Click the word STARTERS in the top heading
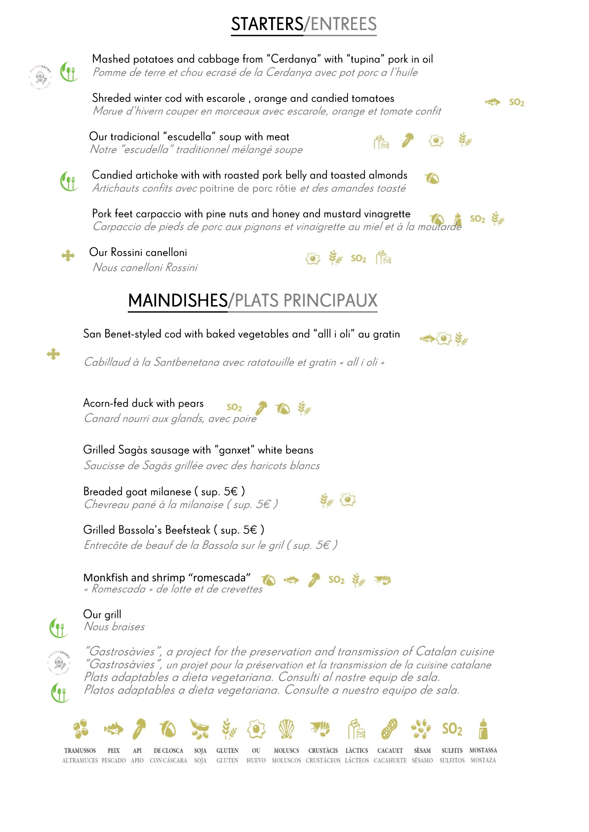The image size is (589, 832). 267,24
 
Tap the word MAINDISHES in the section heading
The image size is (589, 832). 178,300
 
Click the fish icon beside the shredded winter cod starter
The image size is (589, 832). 492,102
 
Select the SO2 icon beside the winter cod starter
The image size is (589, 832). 516,103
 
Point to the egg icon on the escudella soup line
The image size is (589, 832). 436,141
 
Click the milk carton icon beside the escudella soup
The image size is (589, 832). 381,142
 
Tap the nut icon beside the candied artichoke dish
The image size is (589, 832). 432,178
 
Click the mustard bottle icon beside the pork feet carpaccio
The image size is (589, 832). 458,219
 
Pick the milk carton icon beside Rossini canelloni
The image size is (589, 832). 383,258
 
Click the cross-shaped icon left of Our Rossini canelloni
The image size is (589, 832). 68,256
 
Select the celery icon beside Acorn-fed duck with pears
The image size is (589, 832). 261,408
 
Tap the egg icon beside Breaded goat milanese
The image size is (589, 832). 348,500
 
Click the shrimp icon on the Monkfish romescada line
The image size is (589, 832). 383,580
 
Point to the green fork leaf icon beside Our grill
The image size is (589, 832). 58,628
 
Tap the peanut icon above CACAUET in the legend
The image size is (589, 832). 389,729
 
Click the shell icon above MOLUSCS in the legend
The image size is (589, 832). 286,729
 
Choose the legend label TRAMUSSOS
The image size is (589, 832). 80,751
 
